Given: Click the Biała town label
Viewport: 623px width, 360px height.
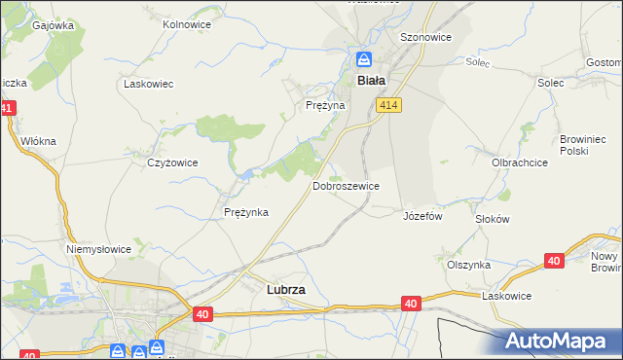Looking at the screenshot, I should [x=372, y=81].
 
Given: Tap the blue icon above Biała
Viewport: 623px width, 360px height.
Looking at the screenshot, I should [x=364, y=58].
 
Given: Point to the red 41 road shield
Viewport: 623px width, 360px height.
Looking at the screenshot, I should [x=8, y=109].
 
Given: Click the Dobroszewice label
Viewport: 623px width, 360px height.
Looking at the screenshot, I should [x=346, y=185].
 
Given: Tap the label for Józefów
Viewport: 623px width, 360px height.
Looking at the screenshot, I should [x=422, y=216].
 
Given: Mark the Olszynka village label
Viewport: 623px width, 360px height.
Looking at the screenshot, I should [x=468, y=265].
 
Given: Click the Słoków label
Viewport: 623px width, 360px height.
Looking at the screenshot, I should [x=492, y=219].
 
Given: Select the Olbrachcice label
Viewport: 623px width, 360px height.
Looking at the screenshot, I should [x=519, y=162].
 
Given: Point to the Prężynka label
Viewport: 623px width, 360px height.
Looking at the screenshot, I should [x=245, y=212].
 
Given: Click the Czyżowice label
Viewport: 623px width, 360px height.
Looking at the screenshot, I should [x=172, y=162].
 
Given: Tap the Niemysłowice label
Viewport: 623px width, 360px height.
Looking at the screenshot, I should [x=98, y=249].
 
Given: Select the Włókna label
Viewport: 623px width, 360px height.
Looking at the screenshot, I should [x=39, y=141].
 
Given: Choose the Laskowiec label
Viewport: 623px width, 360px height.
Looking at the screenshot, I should [x=148, y=84].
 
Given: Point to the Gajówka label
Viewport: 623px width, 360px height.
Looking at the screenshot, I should [x=53, y=25].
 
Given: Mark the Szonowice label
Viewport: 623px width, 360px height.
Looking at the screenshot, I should [x=425, y=36].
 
